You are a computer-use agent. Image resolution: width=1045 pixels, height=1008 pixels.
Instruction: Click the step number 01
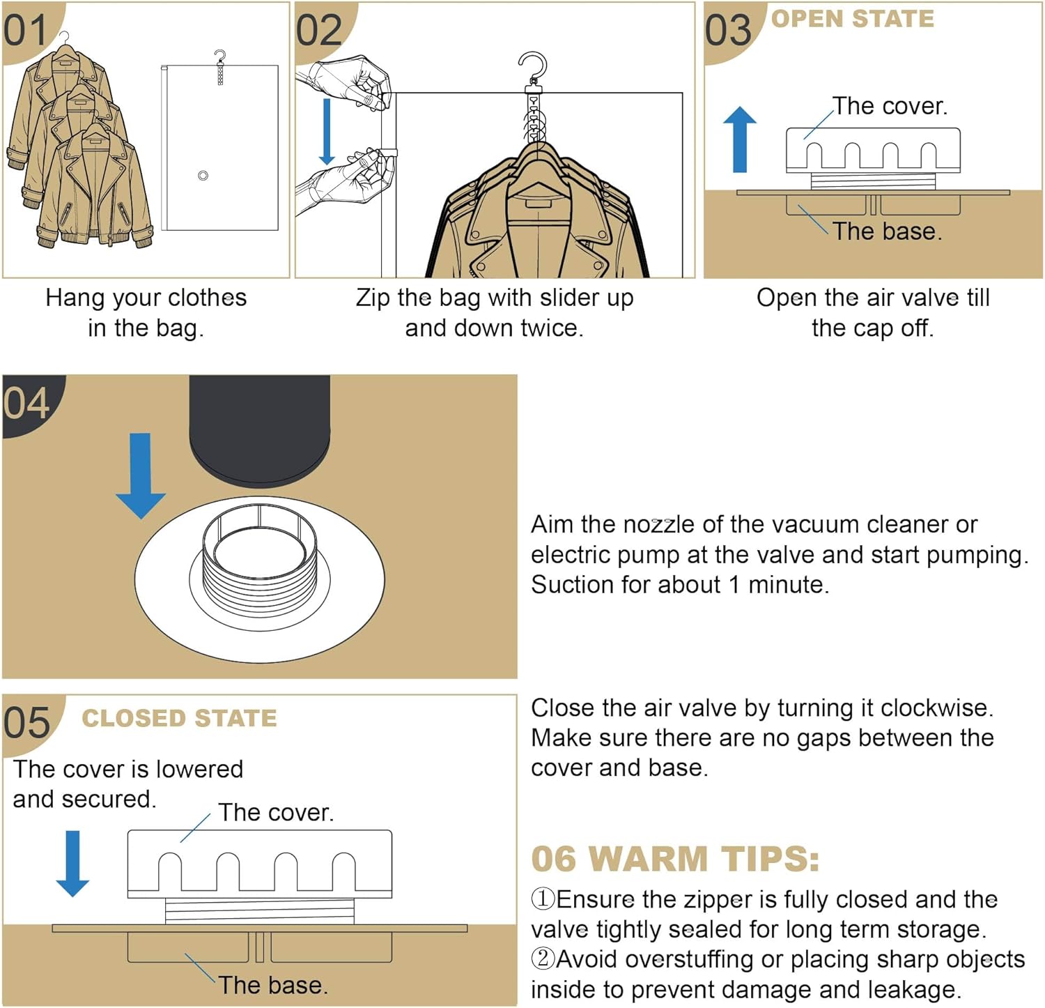[x=25, y=31]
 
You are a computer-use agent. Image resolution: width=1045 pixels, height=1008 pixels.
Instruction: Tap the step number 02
[x=319, y=31]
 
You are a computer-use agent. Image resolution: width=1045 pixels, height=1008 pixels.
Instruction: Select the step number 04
[x=26, y=403]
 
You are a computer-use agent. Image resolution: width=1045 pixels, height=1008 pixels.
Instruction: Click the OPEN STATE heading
[x=853, y=19]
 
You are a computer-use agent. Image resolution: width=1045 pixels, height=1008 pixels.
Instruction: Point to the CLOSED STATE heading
[x=179, y=718]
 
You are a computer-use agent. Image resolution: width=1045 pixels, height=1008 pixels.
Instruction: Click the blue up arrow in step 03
[x=740, y=139]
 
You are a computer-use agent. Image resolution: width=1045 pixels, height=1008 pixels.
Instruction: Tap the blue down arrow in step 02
[x=326, y=132]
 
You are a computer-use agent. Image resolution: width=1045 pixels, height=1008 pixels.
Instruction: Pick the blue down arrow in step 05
[x=72, y=863]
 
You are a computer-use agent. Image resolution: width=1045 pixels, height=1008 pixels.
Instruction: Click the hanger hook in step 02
[x=533, y=66]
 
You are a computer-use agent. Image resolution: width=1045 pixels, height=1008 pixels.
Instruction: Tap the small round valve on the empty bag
[x=203, y=176]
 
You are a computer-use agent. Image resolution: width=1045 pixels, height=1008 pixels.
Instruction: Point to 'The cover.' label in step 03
[x=890, y=106]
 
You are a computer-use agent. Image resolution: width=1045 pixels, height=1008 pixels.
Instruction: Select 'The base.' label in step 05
[x=272, y=985]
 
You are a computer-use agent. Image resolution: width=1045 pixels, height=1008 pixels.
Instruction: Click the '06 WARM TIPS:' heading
[x=674, y=859]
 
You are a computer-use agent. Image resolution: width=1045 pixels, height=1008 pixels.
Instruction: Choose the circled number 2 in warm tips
[x=543, y=959]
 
